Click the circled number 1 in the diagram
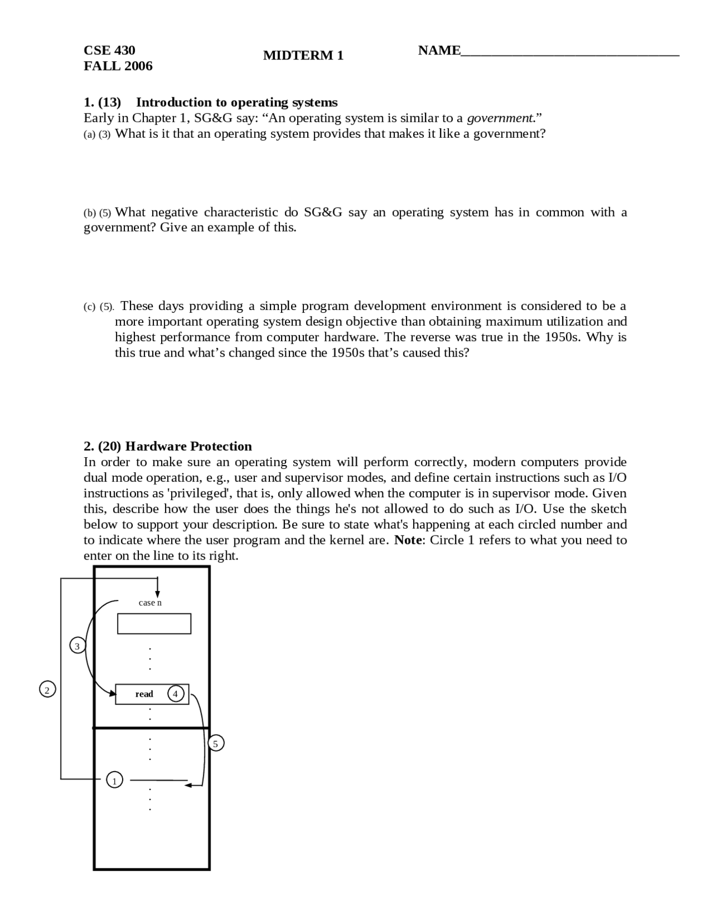tap(114, 781)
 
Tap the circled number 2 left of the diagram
tap(47, 690)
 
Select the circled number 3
tap(77, 646)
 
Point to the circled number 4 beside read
tap(176, 694)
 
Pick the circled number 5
tap(216, 743)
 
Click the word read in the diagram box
tap(144, 694)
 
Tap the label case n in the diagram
tap(150, 603)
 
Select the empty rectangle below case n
tap(154, 623)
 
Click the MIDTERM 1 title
tap(303, 56)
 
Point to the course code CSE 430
tap(109, 51)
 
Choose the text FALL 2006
tap(118, 66)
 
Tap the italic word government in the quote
tap(500, 118)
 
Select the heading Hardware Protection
tap(188, 446)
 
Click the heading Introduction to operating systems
tap(237, 102)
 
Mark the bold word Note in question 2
tap(408, 540)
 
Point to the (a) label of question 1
tap(89, 134)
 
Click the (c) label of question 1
tap(89, 307)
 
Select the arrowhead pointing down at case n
tap(158, 594)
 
